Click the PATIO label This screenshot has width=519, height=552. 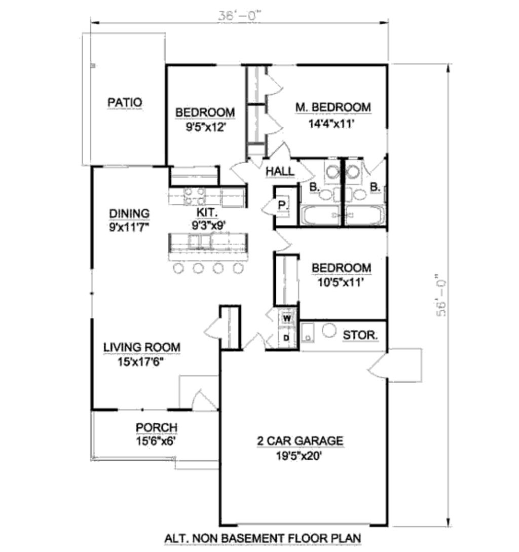point(125,102)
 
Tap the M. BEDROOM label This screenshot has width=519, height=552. point(332,107)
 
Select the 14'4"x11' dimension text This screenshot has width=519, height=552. point(331,124)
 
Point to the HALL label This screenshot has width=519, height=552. point(280,171)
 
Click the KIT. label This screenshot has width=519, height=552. point(207,212)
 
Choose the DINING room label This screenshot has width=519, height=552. point(129,213)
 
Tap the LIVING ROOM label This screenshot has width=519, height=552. point(141,347)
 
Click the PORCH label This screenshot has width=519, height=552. point(156,427)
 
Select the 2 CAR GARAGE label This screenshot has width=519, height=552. point(300,441)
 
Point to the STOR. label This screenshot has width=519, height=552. point(360,335)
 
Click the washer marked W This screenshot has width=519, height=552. point(287,319)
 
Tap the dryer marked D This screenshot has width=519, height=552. point(286,338)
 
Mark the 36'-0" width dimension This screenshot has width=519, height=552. point(240,16)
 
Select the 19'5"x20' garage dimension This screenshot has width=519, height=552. point(299,456)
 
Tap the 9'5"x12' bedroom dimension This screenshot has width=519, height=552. point(205,127)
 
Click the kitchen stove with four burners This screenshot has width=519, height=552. point(194,197)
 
